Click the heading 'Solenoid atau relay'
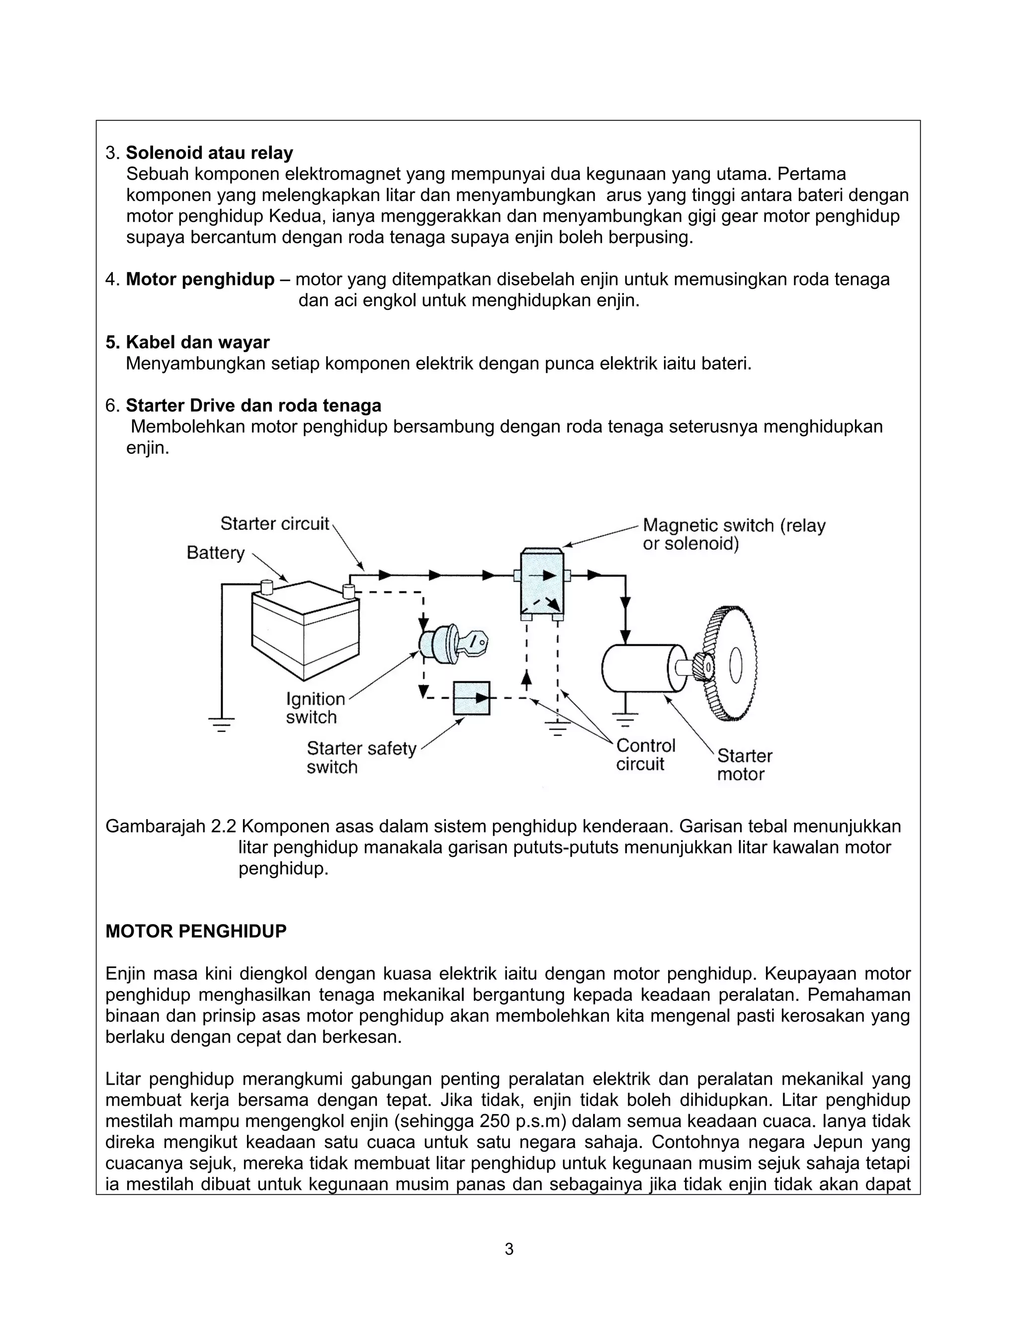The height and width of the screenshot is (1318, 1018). pos(209,153)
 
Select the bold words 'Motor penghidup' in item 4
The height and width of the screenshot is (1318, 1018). pos(200,280)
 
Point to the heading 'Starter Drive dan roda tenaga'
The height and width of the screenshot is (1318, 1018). pos(254,405)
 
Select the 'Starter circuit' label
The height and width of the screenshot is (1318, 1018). pos(275,523)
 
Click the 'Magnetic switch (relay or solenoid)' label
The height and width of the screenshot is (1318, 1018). pos(733,535)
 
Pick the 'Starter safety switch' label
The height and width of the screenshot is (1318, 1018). pos(361,757)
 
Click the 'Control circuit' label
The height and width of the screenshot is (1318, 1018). pos(645,754)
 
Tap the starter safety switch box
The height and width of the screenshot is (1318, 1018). pos(471,698)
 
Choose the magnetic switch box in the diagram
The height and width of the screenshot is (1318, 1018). pos(542,583)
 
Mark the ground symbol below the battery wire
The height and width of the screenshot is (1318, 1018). pos(221,723)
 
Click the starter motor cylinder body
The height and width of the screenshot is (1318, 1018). pos(639,668)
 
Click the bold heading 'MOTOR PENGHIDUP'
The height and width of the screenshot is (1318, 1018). pos(196,931)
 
